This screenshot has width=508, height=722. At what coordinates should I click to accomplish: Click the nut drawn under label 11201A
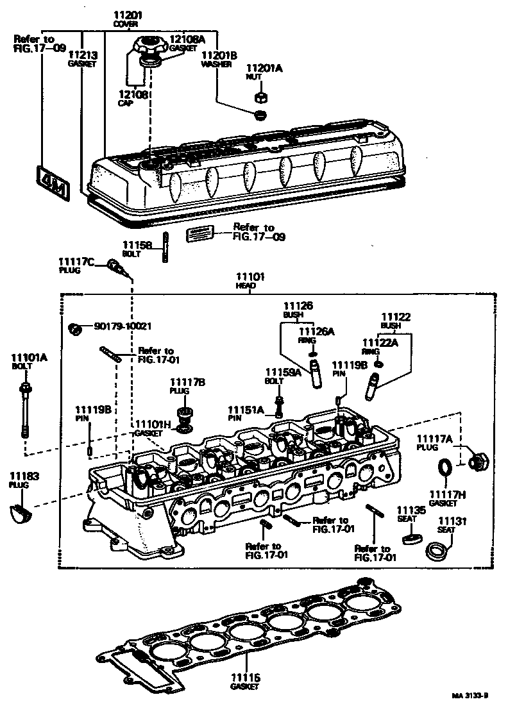click(x=261, y=97)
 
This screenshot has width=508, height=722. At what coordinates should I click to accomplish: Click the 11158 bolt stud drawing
click(x=166, y=246)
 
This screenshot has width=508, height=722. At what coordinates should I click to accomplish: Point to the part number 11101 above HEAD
click(x=251, y=277)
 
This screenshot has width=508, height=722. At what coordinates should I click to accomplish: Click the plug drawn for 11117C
click(x=116, y=265)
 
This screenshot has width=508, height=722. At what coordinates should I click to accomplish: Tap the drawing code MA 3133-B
click(x=470, y=695)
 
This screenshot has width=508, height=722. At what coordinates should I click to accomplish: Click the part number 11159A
click(x=280, y=372)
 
